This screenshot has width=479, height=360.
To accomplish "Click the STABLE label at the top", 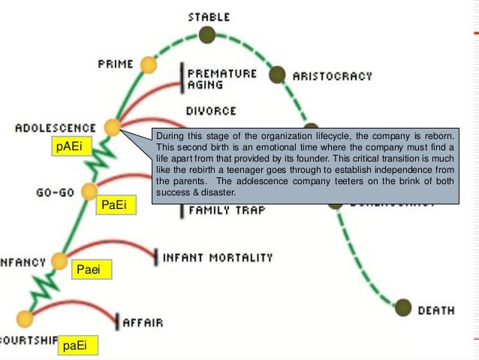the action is (209, 17).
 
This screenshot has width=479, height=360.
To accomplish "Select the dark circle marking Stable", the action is (207, 35).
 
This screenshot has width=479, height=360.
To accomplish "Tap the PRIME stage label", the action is (116, 65).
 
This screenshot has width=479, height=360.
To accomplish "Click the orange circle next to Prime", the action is (149, 65).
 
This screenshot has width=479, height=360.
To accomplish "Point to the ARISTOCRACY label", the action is (332, 76).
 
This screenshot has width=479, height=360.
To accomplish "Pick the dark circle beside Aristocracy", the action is (277, 74).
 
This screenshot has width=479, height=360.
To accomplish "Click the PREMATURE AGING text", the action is (221, 79).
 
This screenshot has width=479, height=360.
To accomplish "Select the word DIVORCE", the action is (211, 111).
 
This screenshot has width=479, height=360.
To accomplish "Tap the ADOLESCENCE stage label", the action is (56, 129).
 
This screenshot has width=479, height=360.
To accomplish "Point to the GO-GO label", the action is (56, 192).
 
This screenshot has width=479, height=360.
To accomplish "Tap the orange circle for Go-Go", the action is (89, 191).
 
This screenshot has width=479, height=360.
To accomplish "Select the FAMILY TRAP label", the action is (227, 210).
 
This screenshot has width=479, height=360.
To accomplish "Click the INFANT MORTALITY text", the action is (218, 258).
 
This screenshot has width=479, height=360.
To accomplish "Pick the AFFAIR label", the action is (143, 323).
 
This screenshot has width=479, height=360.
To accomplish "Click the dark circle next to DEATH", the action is (404, 308).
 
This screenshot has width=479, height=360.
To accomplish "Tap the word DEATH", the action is (436, 310).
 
